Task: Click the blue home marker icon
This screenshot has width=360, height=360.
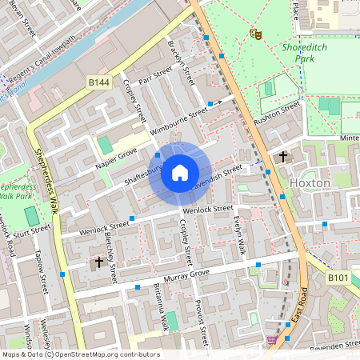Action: coord(180,172)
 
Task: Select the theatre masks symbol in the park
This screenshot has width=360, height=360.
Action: coord(255,34)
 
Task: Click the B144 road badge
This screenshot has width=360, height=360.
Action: coord(98,82)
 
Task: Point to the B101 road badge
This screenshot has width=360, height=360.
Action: coord(338,277)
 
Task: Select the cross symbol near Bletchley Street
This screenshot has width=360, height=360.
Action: coord(99,262)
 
